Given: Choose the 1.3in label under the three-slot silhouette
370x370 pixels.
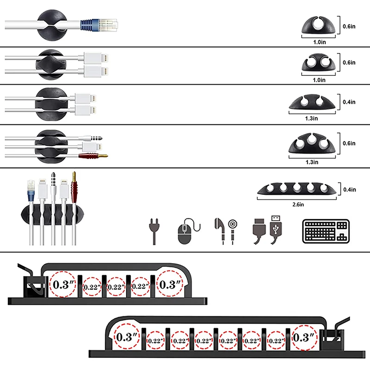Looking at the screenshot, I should [x=312, y=162].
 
